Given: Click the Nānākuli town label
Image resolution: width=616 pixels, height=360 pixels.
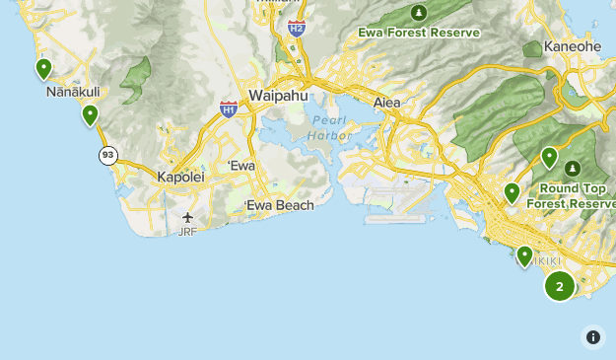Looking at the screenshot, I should click(71, 92).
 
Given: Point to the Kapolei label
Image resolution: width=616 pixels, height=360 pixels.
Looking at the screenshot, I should click(180, 178).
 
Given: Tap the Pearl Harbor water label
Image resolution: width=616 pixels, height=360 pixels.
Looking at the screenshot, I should click(330, 128).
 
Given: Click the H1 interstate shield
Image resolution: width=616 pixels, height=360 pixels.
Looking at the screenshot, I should click(229, 109).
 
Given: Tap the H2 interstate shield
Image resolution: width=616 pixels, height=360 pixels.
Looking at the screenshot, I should click(297, 28).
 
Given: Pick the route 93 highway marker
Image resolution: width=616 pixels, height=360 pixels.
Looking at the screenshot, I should click(107, 155).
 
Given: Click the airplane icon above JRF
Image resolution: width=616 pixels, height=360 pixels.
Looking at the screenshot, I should click(188, 217).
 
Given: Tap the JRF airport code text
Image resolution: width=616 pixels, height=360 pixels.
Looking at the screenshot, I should click(187, 232).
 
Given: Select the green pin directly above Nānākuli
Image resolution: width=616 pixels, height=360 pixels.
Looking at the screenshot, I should click(43, 68).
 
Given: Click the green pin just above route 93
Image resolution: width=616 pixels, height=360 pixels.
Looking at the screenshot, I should click(91, 114).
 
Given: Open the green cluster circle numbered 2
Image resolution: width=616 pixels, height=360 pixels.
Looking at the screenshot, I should click(560, 286).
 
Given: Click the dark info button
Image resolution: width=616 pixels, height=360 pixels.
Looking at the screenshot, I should click(593, 337).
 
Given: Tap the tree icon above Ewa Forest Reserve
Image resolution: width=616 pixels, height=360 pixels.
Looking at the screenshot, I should click(420, 13).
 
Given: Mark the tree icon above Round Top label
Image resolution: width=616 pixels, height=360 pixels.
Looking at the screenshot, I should click(571, 169).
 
